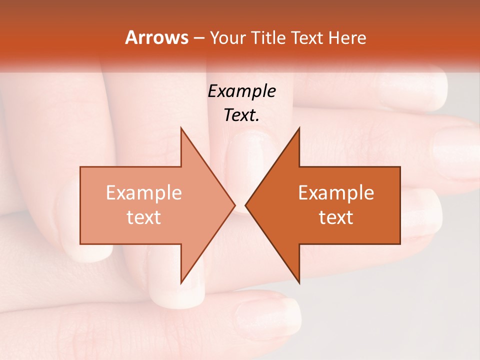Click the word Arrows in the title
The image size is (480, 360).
tap(156, 37)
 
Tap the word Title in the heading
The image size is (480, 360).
tap(268, 38)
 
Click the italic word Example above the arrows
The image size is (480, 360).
tap(241, 91)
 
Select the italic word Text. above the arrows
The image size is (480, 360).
tap(241, 115)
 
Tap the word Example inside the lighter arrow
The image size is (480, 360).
tap(143, 192)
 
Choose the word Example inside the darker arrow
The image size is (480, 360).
tap(336, 192)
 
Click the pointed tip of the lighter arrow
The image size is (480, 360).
tap(234, 205)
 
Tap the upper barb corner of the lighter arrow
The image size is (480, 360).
tap(181, 128)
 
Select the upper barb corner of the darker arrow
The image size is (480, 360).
tap(299, 128)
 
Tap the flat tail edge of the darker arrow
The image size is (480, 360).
tap(400, 205)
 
